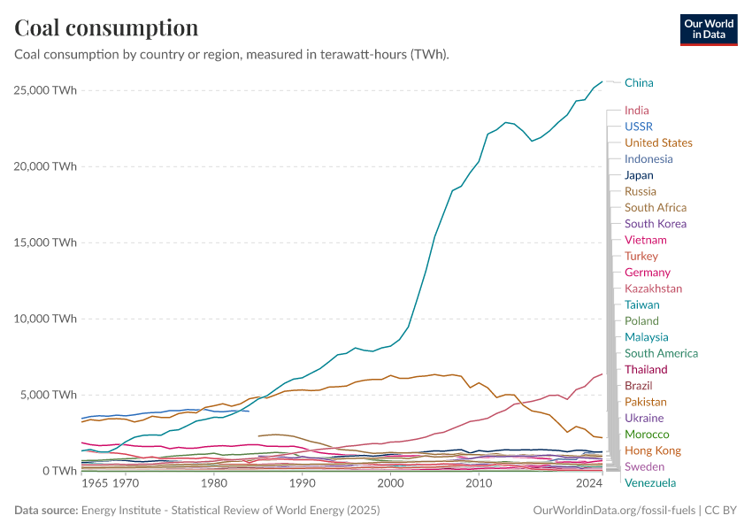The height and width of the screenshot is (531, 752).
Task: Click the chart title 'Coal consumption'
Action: (106, 28)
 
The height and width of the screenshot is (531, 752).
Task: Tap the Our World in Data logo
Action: (708, 28)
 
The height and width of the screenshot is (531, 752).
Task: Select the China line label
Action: (639, 83)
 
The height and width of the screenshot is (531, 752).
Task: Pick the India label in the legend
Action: (636, 111)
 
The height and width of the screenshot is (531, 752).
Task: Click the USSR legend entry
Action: (638, 127)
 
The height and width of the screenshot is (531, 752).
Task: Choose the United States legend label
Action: (658, 142)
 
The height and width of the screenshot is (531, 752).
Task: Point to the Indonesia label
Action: (648, 159)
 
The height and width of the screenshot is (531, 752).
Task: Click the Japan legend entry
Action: (639, 175)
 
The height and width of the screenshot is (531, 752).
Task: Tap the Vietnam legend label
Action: (645, 240)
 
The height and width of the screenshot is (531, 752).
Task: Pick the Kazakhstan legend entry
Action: (653, 289)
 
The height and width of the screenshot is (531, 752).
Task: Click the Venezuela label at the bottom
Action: (650, 482)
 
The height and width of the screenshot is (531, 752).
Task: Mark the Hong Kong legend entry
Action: (652, 450)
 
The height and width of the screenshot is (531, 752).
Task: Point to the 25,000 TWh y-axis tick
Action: (46, 90)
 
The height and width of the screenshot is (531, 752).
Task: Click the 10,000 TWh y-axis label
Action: (46, 319)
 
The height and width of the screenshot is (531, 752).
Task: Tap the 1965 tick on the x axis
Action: (95, 484)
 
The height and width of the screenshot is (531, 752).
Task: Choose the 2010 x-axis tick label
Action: (479, 484)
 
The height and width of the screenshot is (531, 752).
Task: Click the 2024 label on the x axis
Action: (587, 484)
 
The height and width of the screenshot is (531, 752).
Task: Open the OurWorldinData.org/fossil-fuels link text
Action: (614, 511)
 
